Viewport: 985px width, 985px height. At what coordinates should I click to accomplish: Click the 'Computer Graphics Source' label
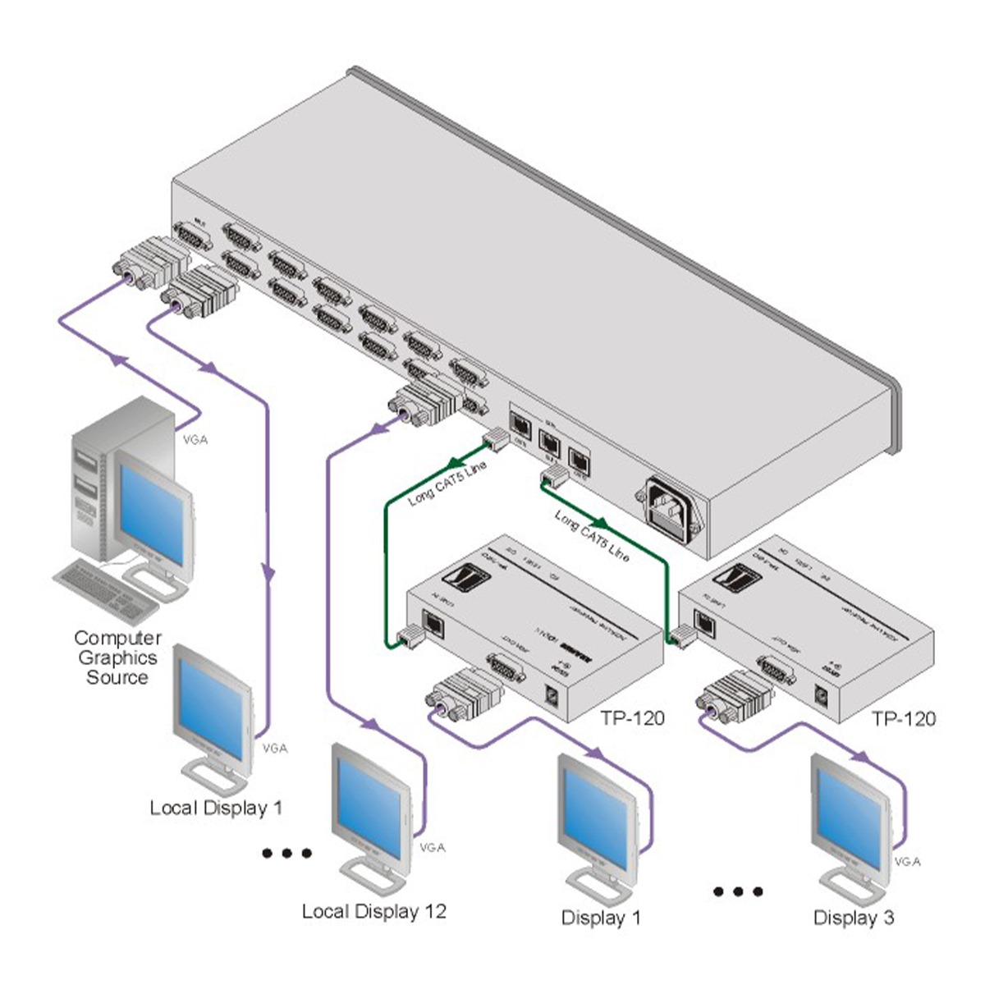pyautogui.click(x=117, y=657)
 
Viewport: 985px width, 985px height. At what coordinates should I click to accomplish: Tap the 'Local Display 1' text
pyautogui.click(x=216, y=808)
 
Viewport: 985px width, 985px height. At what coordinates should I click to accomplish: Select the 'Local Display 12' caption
pyautogui.click(x=373, y=911)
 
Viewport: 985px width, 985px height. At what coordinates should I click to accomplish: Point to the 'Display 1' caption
pyautogui.click(x=601, y=918)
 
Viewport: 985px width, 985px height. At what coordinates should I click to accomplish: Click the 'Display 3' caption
pyautogui.click(x=853, y=918)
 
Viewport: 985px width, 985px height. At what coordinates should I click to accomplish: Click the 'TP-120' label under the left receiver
pyautogui.click(x=632, y=719)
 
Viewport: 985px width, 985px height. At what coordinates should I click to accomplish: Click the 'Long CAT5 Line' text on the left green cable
pyautogui.click(x=447, y=483)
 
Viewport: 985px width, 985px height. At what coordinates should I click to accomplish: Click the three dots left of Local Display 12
pyautogui.click(x=286, y=854)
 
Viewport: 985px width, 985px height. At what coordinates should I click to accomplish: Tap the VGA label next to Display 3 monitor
pyautogui.click(x=907, y=862)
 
